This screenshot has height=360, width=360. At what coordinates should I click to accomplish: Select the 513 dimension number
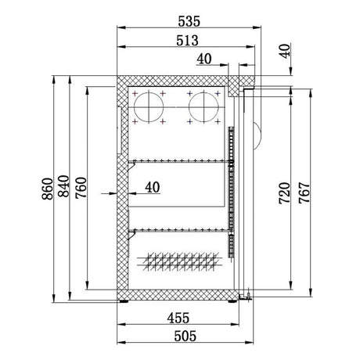pyautogui.click(x=185, y=39)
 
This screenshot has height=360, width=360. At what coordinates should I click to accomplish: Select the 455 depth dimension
pyautogui.click(x=179, y=319)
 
